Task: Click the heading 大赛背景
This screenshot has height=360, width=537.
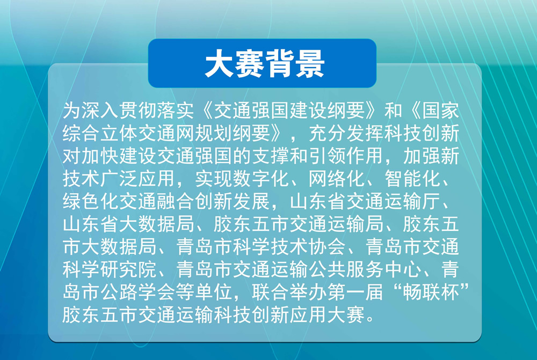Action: coord(264,64)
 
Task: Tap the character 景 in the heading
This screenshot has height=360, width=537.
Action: coord(310,64)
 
